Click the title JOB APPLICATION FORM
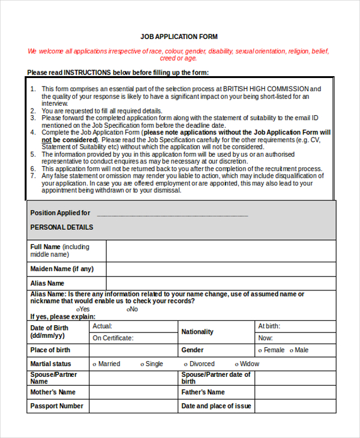click(179, 37)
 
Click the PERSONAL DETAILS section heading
click(61, 227)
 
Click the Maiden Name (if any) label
click(62, 269)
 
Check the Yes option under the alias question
click(79, 309)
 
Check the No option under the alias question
click(128, 309)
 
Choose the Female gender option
click(259, 350)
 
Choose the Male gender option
click(292, 350)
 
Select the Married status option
click(95, 364)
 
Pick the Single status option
click(142, 364)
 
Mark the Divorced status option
click(186, 364)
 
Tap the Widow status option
click(237, 364)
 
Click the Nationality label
click(197, 332)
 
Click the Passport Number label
click(56, 406)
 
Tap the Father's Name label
click(203, 392)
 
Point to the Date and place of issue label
click(216, 406)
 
